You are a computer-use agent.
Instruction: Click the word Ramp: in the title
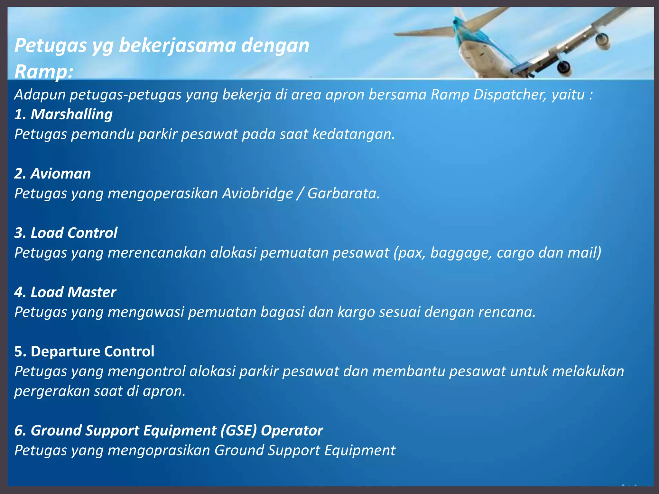point(43,71)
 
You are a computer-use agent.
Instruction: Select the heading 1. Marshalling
point(63,114)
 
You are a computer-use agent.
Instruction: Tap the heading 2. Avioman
point(52,174)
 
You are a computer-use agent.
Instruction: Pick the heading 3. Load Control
point(66,233)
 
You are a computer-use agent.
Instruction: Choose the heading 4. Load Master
point(65,292)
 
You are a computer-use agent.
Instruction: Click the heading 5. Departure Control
point(84,352)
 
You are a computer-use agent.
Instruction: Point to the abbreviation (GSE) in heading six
point(239,430)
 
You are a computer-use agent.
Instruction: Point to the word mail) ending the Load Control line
point(584,253)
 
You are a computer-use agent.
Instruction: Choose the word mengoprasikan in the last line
point(159,451)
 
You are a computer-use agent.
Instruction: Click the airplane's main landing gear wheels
point(564,67)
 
